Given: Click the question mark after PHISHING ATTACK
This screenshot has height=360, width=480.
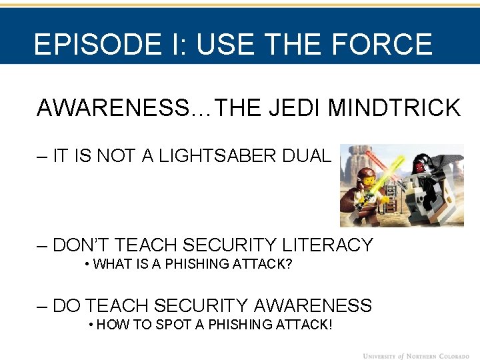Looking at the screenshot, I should coord(289,264).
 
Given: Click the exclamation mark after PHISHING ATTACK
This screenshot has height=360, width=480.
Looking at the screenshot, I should coord(329,325).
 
